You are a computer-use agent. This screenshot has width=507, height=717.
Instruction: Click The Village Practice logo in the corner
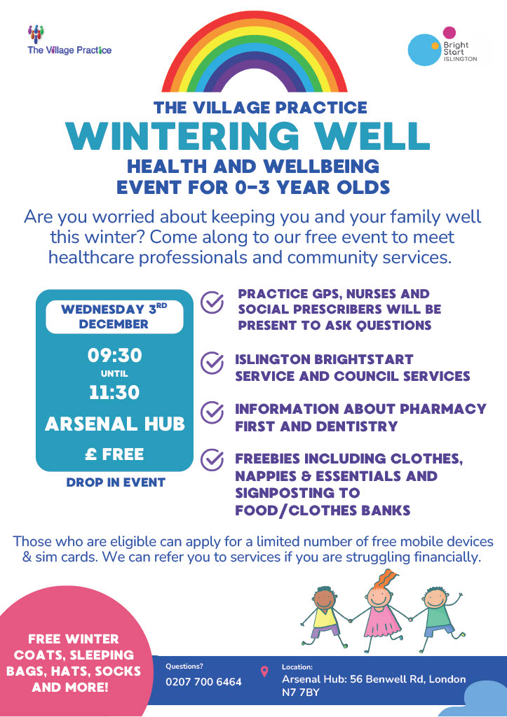[x=69, y=40]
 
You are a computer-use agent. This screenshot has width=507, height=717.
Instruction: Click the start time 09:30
[x=114, y=356]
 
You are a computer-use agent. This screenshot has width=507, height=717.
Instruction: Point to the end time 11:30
[x=114, y=392]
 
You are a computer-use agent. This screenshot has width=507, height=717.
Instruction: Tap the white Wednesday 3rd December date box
[x=114, y=317]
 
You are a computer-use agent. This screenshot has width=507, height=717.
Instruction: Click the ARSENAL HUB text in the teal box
[x=114, y=424]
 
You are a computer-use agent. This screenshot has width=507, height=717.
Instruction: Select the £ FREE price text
[x=114, y=454]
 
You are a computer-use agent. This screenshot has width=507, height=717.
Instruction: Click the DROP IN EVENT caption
[x=116, y=482]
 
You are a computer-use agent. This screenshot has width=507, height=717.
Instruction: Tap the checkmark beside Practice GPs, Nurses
[x=212, y=302]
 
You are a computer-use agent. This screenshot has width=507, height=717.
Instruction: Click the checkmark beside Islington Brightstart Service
[x=212, y=363]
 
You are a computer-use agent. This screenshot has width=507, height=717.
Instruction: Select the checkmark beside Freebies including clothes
[x=212, y=461]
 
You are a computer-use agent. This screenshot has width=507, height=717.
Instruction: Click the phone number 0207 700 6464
[x=203, y=682]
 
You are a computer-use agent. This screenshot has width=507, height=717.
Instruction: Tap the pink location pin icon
[x=264, y=671]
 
